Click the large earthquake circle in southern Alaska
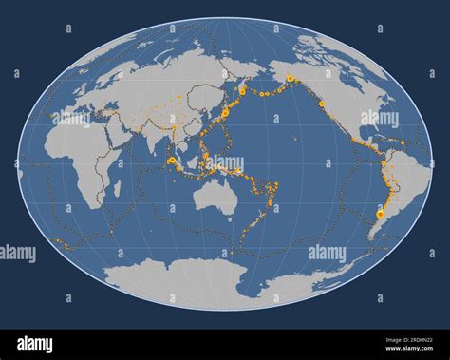pos(290,78)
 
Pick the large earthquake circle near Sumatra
pos(170,161)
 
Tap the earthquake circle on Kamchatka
pos(242,90)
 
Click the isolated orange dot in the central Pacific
pos(298,140)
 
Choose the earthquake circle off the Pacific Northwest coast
pos(322,104)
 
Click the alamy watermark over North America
pos(380,119)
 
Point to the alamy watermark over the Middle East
pos(71,119)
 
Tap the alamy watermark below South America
pos(328,253)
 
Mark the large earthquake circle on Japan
pos(229,111)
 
